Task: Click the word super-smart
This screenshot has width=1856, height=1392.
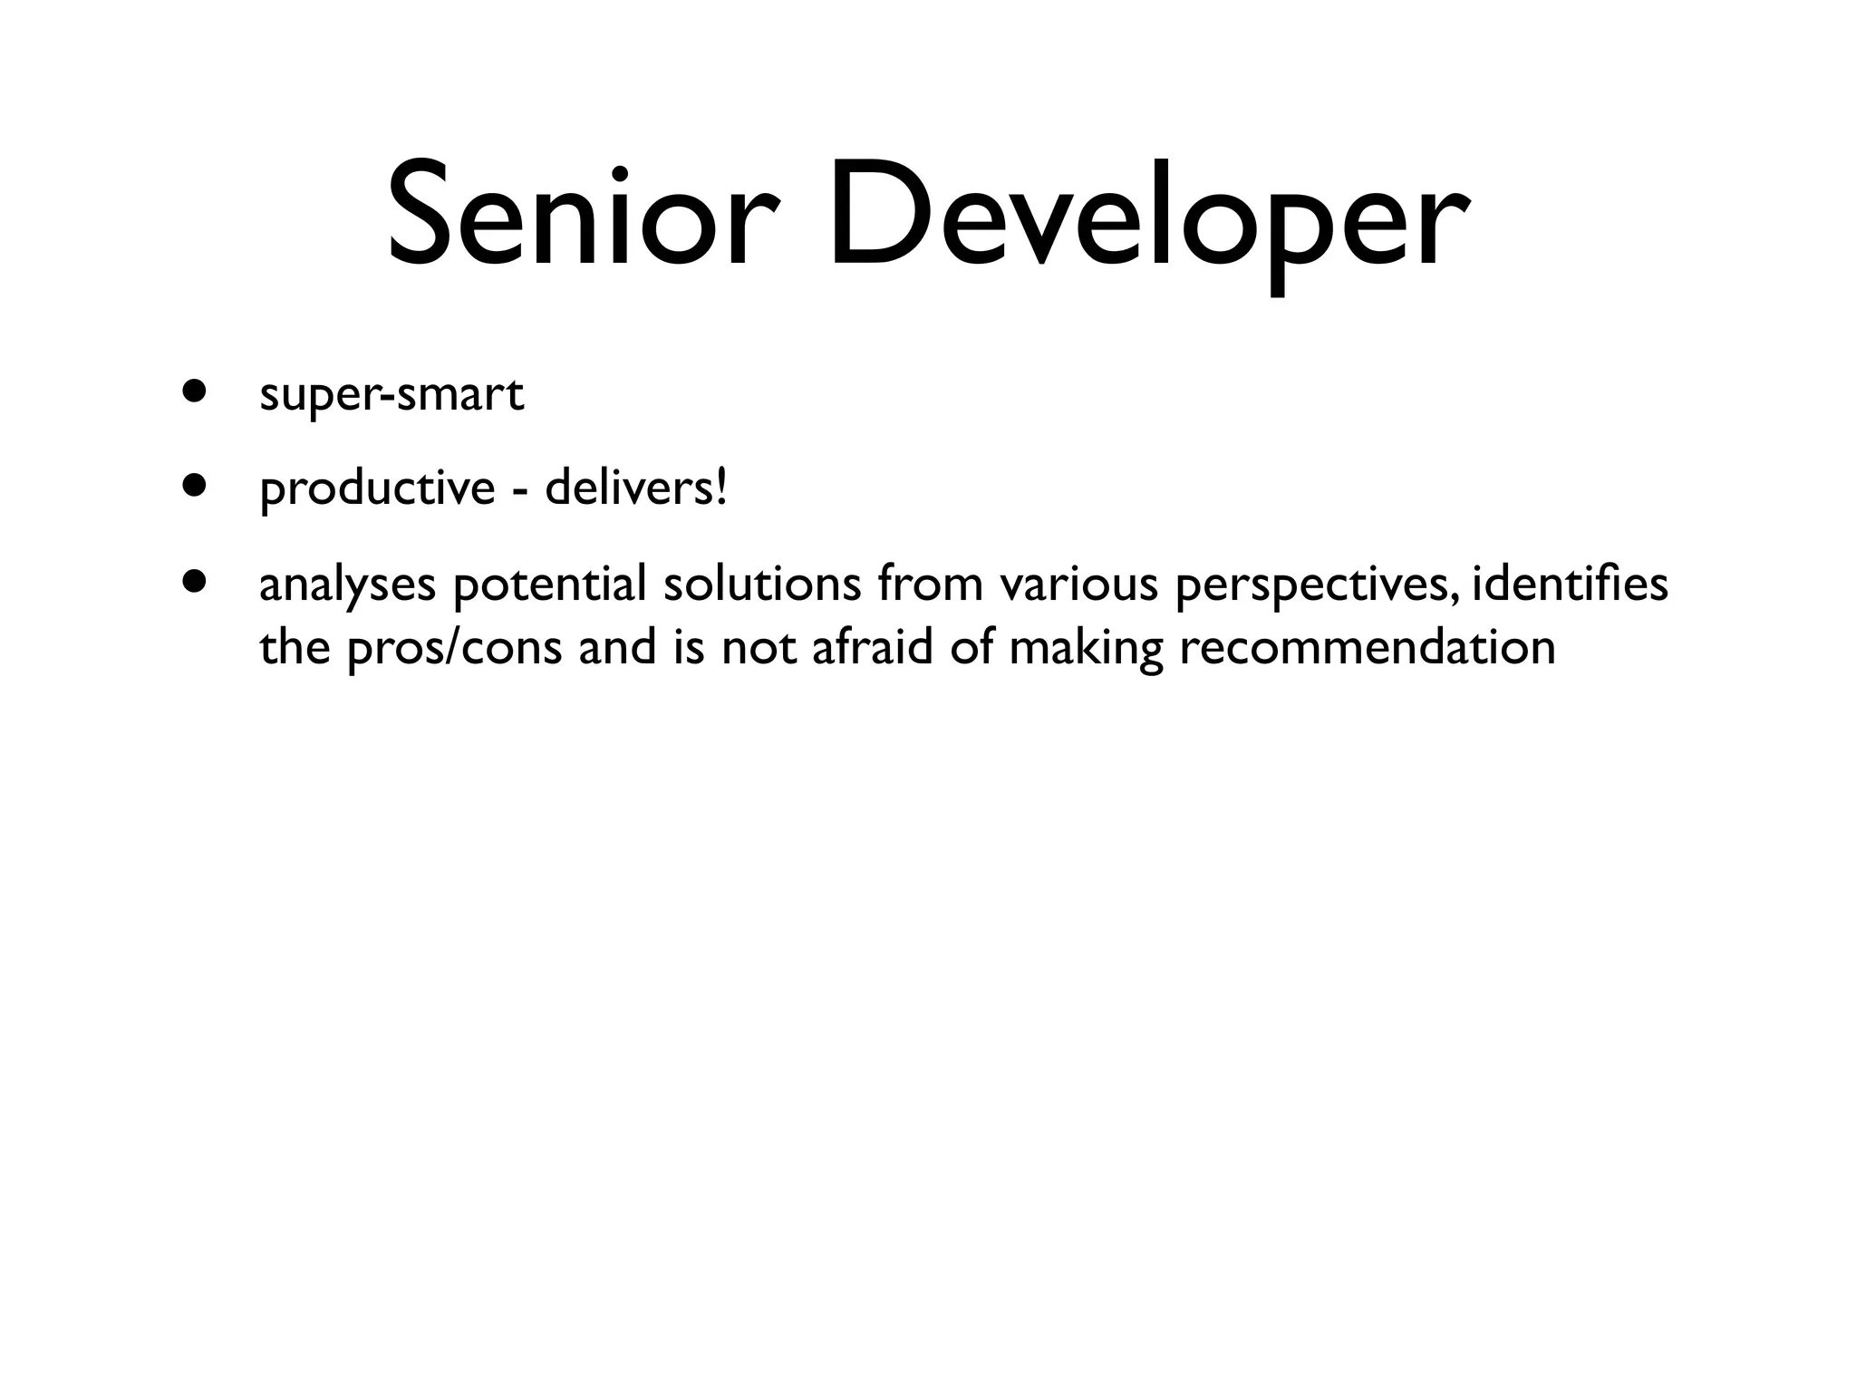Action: pos(391,395)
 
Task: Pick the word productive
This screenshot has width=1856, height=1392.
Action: pos(377,490)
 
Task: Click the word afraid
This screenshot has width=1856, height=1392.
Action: pos(872,648)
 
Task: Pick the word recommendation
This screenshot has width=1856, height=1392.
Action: pos(1367,648)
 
